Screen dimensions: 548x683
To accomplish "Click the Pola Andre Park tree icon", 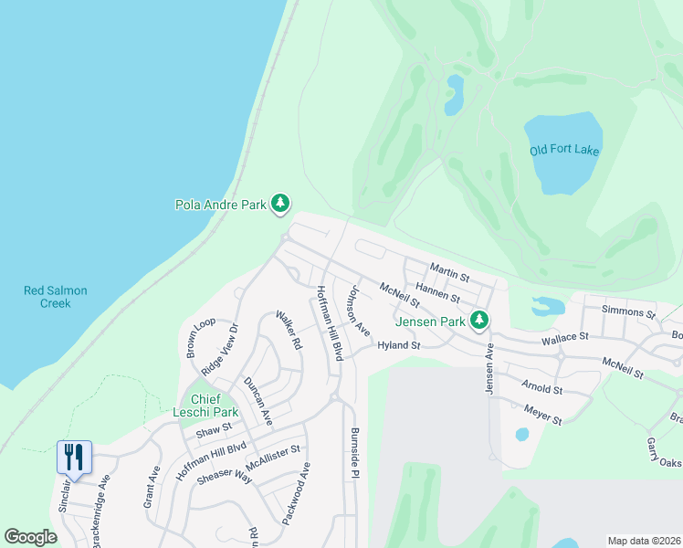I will pyautogui.click(x=281, y=204).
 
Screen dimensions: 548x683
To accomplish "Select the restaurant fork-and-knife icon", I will pyautogui.click(x=74, y=456).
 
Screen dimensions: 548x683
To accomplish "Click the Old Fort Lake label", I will pyautogui.click(x=564, y=150).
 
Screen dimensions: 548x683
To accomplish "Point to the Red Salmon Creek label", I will pyautogui.click(x=56, y=297).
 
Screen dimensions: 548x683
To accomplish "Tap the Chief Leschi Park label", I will pyautogui.click(x=205, y=406).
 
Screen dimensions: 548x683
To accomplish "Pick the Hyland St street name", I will pyautogui.click(x=398, y=346).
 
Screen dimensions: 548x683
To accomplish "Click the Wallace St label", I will pyautogui.click(x=564, y=338).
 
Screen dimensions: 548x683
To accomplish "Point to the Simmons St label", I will pyautogui.click(x=629, y=312).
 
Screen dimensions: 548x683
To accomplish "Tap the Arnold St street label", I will pyautogui.click(x=542, y=388).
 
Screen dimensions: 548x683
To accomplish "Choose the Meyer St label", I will pyautogui.click(x=542, y=416).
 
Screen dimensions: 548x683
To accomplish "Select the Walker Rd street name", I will pyautogui.click(x=289, y=331).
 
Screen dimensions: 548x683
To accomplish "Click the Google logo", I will pyautogui.click(x=31, y=537).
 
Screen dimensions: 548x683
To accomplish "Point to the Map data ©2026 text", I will pyautogui.click(x=643, y=541).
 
